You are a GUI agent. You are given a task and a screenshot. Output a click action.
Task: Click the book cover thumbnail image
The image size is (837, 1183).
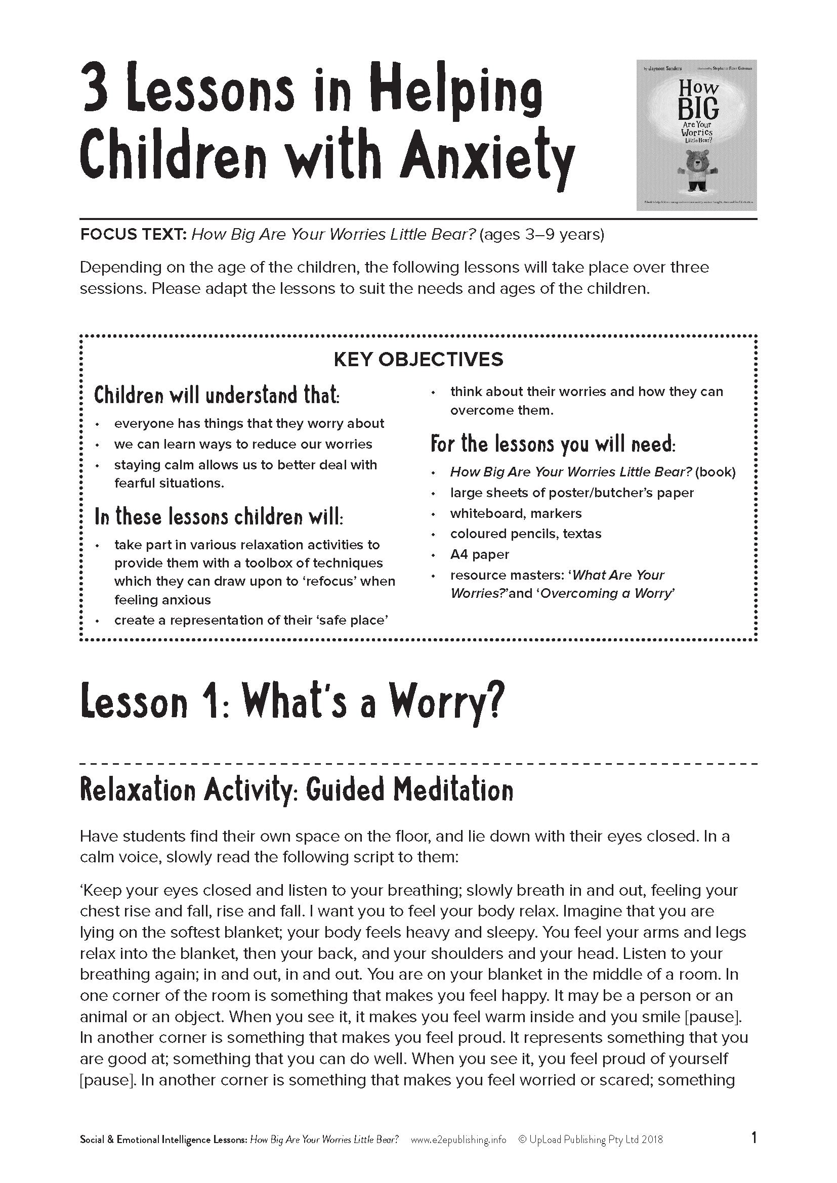(696, 135)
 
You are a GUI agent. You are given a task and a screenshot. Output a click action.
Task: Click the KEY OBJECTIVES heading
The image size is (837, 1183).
(418, 359)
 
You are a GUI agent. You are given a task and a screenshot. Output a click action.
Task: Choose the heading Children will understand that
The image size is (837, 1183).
(217, 395)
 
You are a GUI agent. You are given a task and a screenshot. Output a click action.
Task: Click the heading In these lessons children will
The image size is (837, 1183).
(219, 517)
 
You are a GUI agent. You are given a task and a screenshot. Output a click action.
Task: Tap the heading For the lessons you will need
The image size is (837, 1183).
(553, 444)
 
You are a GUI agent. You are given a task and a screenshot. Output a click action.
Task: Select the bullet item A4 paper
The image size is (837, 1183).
(479, 554)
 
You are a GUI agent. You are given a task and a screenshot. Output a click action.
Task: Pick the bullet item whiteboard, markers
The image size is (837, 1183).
(515, 513)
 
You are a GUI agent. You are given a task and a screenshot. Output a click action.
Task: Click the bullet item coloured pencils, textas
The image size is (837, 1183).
(526, 534)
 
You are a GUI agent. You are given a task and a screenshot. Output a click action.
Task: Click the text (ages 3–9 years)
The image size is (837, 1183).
(541, 235)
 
